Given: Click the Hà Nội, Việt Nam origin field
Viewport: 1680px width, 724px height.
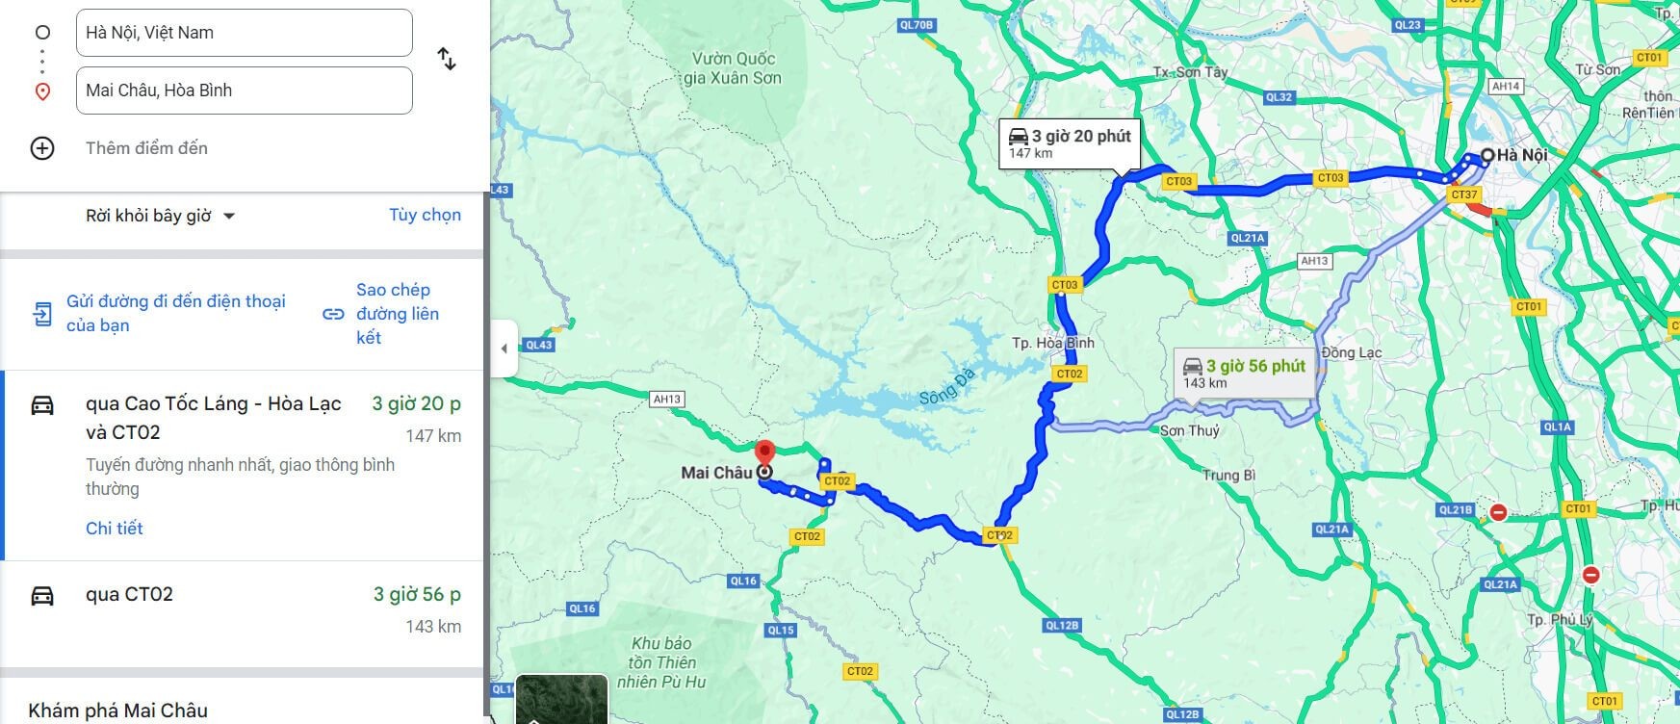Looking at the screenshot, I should click(x=244, y=33).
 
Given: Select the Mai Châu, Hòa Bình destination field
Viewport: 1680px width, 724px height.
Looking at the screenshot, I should click(x=244, y=90).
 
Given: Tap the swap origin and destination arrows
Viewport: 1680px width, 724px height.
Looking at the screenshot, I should click(x=447, y=60).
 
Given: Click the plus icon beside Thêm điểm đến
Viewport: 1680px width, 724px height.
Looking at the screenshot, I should click(x=42, y=148).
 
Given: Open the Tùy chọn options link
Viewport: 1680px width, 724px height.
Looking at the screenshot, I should click(x=425, y=215).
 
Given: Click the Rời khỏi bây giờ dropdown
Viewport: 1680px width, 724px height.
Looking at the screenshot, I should click(x=160, y=216).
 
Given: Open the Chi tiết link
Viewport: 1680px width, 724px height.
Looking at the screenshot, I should click(x=114, y=528).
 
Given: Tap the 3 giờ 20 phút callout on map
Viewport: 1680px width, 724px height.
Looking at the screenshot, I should click(x=1069, y=143).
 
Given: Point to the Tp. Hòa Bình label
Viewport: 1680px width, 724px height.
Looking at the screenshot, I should click(x=1053, y=343).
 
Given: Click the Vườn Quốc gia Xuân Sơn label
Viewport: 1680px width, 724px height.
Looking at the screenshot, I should click(x=733, y=68).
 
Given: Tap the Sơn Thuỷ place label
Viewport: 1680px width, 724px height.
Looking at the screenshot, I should click(x=1189, y=430).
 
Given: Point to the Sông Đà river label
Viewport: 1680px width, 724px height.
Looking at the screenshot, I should click(x=946, y=386).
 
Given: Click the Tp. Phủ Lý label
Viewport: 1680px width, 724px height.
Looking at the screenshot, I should click(x=1560, y=619).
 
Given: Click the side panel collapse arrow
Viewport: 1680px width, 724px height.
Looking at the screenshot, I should click(x=504, y=349).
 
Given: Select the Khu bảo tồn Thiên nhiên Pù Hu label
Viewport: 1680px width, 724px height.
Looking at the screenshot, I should click(x=661, y=662).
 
